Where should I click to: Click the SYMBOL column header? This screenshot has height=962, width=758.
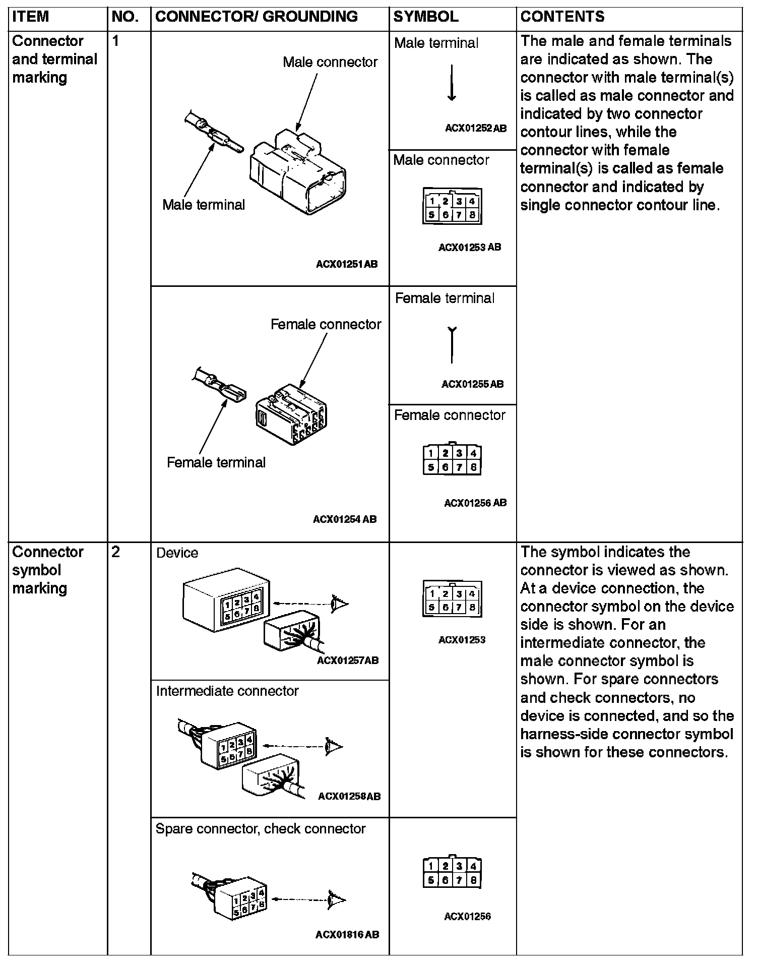426,17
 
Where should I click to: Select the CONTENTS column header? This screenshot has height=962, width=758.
562,17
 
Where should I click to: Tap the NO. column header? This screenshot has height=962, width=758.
125,17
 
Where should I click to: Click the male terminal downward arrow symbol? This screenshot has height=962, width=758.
452,83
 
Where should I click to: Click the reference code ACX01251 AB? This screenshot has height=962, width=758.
347,264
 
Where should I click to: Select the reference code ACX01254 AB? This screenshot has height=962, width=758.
345,519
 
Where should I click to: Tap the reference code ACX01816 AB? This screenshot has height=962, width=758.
347,935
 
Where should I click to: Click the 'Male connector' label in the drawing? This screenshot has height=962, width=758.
330,62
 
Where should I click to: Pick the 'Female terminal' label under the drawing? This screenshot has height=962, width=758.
216,462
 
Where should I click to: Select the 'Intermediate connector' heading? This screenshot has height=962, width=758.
227,691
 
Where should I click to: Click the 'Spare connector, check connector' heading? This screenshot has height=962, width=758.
261,829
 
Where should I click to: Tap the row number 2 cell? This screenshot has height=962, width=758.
116,553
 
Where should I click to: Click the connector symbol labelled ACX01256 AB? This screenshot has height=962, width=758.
452,459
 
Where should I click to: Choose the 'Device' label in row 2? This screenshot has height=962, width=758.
177,553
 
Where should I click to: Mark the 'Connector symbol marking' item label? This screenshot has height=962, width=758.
47,570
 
